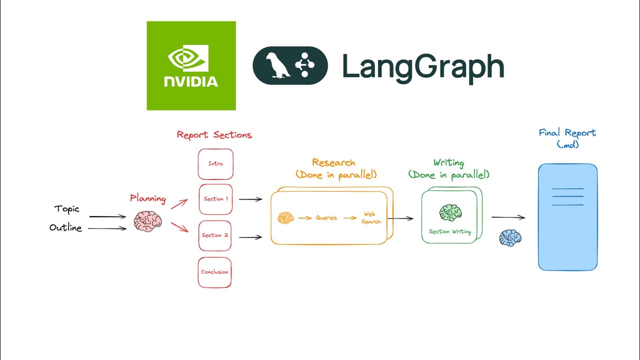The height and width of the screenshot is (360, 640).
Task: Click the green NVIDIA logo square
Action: (x=191, y=65)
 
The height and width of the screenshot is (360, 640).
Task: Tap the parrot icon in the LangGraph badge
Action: (x=278, y=65)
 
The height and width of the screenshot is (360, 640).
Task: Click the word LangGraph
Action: (x=422, y=67)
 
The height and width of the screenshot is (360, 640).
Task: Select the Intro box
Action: (x=215, y=164)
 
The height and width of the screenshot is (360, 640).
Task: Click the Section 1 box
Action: (x=215, y=199)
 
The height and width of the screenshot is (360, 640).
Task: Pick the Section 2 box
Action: (x=215, y=235)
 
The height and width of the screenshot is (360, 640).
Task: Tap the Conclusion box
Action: (x=214, y=272)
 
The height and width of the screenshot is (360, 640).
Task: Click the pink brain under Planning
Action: (x=147, y=221)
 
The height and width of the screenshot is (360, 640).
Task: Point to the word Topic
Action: (x=67, y=209)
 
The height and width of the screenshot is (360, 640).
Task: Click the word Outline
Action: (x=65, y=228)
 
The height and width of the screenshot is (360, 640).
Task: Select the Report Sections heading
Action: (x=214, y=135)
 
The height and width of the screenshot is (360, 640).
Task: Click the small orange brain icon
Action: (x=285, y=218)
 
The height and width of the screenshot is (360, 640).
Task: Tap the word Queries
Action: (x=326, y=218)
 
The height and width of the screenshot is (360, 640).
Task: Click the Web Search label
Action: (x=370, y=218)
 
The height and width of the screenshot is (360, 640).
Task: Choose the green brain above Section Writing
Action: (x=450, y=212)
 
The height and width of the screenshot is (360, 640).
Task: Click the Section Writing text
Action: (x=449, y=231)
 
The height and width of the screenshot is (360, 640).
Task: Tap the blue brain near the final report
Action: (x=510, y=238)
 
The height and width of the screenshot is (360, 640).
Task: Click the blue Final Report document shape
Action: (x=567, y=217)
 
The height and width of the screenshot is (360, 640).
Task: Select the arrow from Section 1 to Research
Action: (x=250, y=199)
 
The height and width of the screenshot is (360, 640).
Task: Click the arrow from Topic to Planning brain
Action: (x=107, y=216)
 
